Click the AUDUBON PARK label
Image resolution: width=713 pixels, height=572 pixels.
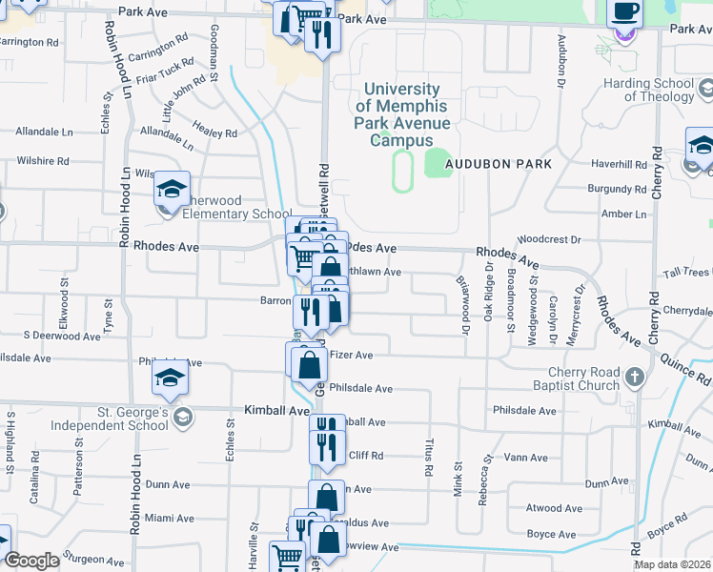(504, 164)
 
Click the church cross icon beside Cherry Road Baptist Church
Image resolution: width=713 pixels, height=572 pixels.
(637, 378)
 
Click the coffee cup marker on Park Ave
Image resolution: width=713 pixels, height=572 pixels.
(624, 14)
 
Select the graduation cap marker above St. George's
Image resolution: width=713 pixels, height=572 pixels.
(171, 378)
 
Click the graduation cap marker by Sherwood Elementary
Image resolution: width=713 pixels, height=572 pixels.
(173, 190)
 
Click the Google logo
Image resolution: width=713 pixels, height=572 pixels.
(32, 561)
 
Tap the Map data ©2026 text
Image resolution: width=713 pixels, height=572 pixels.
(671, 564)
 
